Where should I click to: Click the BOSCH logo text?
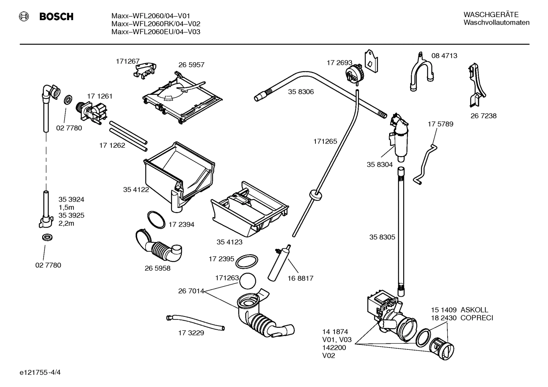pos(56,17)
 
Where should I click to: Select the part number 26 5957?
pos(191,65)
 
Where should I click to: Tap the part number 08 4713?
pos(444,56)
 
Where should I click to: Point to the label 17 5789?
pos(440,124)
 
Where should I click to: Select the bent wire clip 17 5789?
pos(427,163)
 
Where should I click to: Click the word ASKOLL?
pos(474,310)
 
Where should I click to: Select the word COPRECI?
pos(477,318)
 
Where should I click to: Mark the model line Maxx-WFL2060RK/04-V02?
pos(156,24)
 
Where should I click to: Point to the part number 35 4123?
pos(229,242)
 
